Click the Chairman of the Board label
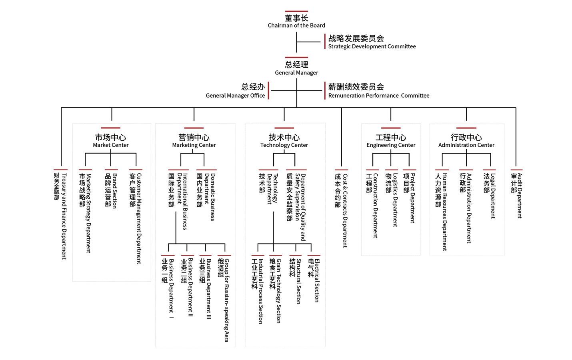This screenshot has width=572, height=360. click(x=296, y=25)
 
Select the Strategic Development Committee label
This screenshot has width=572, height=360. click(x=372, y=46)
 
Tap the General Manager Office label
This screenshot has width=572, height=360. click(x=235, y=96)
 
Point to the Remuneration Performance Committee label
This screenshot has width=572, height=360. click(x=378, y=96)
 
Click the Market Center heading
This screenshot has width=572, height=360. click(x=110, y=145)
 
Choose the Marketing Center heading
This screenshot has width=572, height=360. click(x=194, y=145)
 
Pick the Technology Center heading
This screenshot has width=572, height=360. click(x=284, y=145)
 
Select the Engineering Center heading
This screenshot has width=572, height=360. click(x=391, y=145)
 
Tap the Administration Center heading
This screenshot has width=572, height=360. click(x=466, y=145)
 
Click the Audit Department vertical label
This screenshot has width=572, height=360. click(x=520, y=196)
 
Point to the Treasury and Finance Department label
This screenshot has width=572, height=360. click(x=64, y=216)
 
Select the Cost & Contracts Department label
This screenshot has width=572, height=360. click(x=345, y=211)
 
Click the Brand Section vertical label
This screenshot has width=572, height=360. click(x=115, y=191)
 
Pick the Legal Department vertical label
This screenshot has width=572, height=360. click(x=493, y=196)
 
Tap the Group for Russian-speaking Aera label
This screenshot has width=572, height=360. click(x=226, y=300)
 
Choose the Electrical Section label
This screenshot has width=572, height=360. click(x=317, y=280)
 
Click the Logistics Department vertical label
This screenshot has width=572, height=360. click(x=395, y=200)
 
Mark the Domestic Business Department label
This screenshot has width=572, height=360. click(x=210, y=197)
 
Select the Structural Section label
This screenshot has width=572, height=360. click(x=298, y=281)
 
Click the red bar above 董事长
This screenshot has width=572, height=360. click(x=296, y=11)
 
